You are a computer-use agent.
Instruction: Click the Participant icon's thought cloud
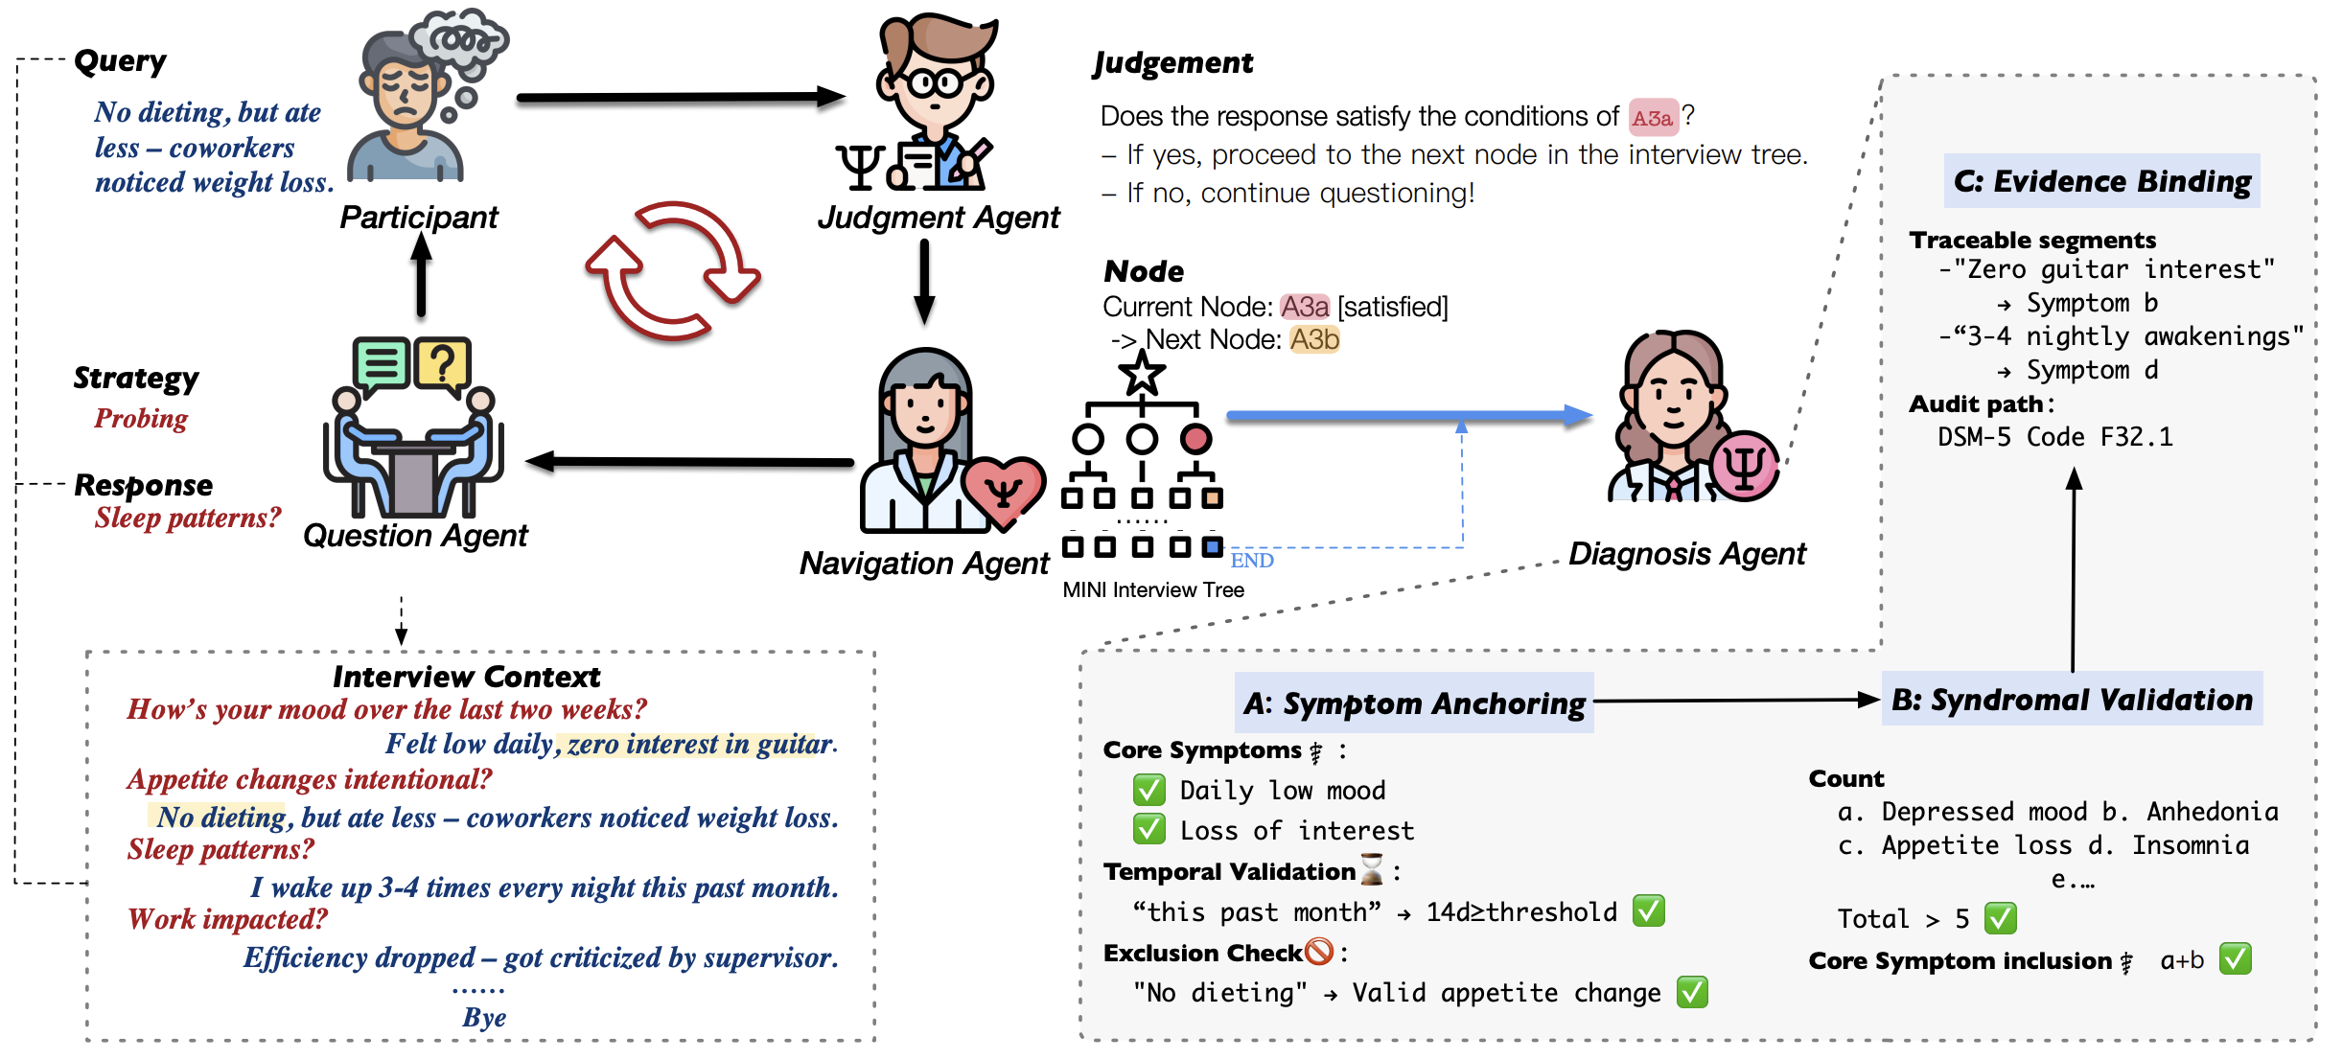(458, 44)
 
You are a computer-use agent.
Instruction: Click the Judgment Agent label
(938, 218)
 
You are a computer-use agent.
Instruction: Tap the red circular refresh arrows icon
(672, 271)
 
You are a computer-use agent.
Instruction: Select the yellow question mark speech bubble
(442, 364)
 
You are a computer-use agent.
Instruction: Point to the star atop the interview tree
(1142, 373)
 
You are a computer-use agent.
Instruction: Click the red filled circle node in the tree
(1195, 439)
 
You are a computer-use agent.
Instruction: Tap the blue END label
(1251, 561)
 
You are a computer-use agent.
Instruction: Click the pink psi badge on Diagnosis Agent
(1744, 467)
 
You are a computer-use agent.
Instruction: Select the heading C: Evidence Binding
(2101, 181)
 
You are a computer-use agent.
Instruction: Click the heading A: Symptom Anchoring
(1413, 703)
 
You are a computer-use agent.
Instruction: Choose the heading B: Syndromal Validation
(2072, 700)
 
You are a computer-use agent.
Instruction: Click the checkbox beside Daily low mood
(1148, 791)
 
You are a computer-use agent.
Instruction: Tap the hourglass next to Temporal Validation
(1372, 869)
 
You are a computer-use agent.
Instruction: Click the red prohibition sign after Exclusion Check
(1319, 952)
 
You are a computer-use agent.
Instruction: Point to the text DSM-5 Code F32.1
(2054, 437)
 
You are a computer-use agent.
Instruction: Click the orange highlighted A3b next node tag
(1313, 339)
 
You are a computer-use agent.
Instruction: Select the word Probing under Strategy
(141, 419)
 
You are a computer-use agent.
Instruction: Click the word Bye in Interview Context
(484, 1017)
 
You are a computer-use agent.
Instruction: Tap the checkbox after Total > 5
(2000, 918)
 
